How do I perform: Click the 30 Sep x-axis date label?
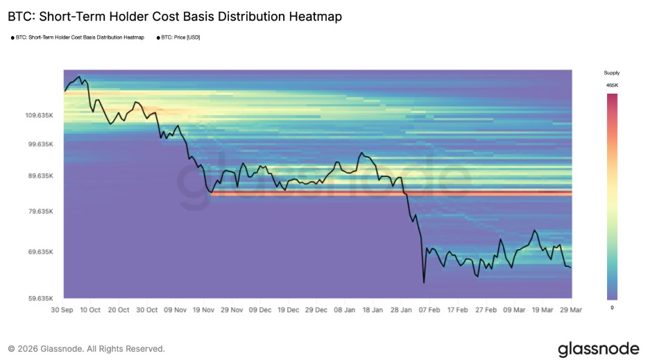63,309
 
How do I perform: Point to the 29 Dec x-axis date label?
317,309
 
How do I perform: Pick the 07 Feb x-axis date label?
430,309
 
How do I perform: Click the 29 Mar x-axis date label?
571,309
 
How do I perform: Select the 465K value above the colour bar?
612,85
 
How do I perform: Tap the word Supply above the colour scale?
612,72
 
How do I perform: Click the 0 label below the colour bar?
612,307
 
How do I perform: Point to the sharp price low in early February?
423,282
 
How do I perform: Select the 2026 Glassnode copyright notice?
87,349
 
